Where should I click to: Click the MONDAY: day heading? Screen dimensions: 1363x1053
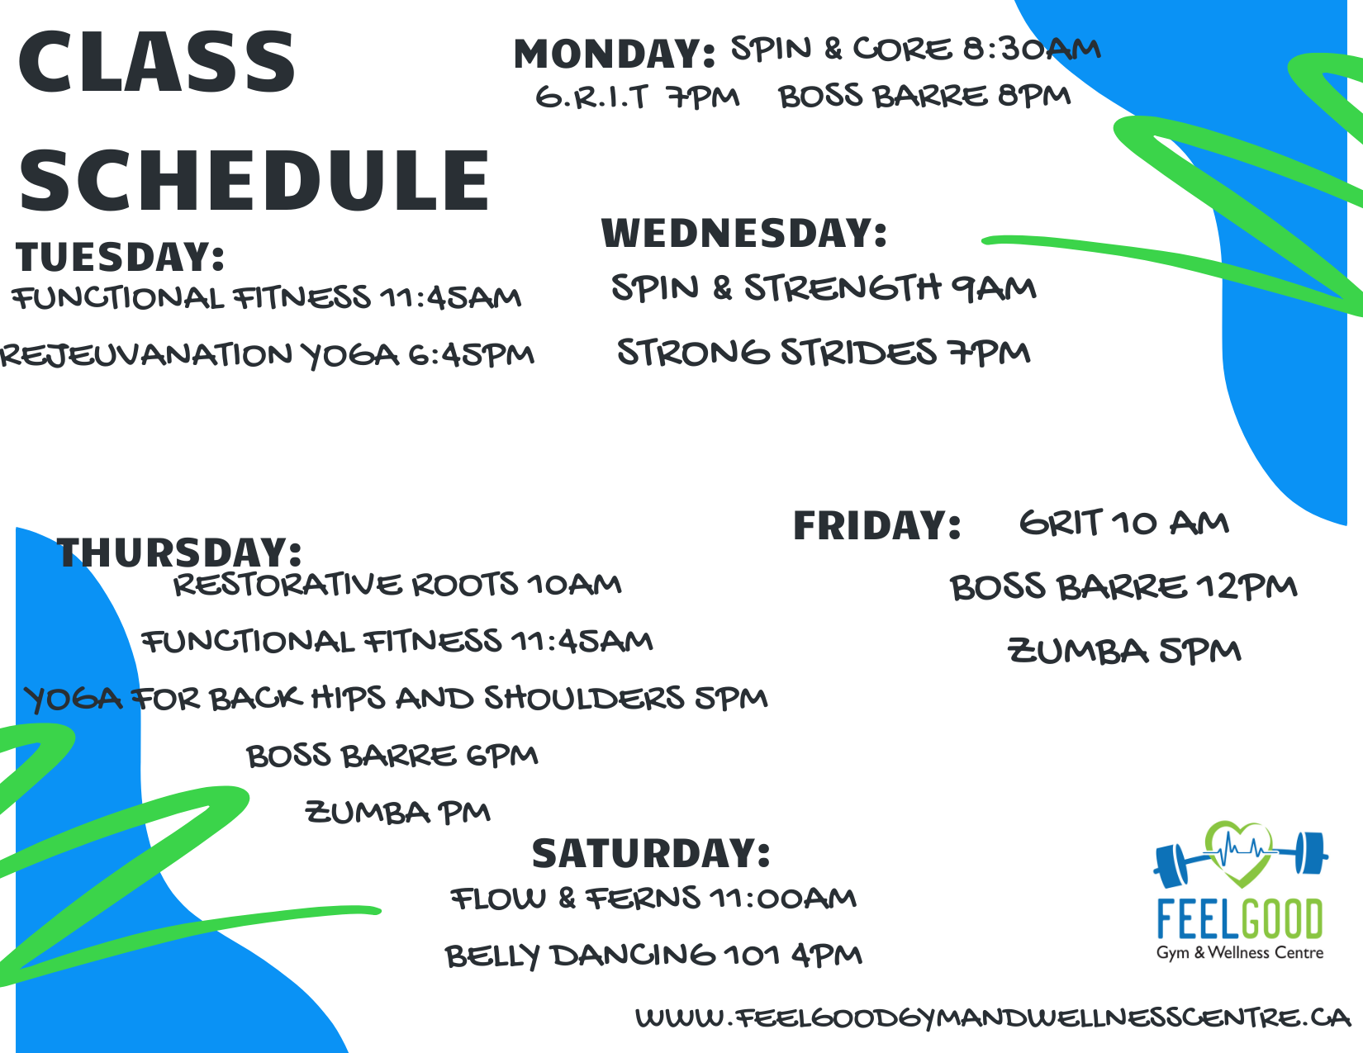pyautogui.click(x=614, y=54)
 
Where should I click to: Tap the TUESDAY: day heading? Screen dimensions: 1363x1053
pyautogui.click(x=120, y=257)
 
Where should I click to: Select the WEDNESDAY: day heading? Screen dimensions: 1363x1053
pyautogui.click(x=744, y=233)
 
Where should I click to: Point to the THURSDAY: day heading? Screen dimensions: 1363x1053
pyautogui.click(x=179, y=553)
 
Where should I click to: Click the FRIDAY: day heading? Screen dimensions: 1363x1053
pyautogui.click(x=877, y=525)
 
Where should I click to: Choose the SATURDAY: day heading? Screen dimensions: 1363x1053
pyautogui.click(x=651, y=854)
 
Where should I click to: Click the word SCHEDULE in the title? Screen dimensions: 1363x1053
pyautogui.click(x=254, y=181)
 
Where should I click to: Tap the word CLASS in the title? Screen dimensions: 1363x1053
pyautogui.click(x=157, y=62)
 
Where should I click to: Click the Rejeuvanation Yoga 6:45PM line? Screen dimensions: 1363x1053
pyautogui.click(x=267, y=356)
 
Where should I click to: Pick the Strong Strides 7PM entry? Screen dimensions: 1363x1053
pyautogui.click(x=824, y=352)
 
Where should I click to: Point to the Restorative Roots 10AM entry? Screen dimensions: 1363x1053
pyautogui.click(x=397, y=585)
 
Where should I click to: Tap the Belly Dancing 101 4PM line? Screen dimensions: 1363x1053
pyautogui.click(x=653, y=956)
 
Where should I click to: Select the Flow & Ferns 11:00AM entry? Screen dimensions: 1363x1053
pyautogui.click(x=653, y=898)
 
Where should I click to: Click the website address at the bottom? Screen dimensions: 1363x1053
pyautogui.click(x=993, y=1017)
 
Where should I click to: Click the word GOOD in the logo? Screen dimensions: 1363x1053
pyautogui.click(x=1281, y=919)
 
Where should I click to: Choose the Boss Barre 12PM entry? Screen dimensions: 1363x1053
pyautogui.click(x=1123, y=588)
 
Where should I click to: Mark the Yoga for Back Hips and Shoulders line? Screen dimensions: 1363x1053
pyautogui.click(x=396, y=699)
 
